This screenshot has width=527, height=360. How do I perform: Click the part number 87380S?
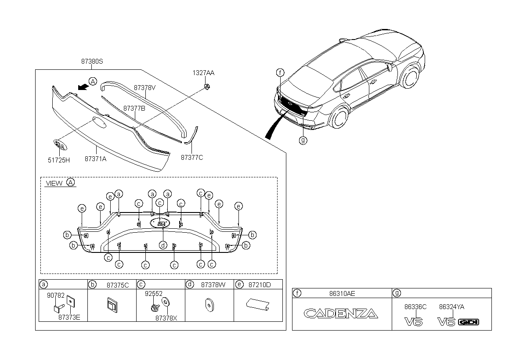click(92, 62)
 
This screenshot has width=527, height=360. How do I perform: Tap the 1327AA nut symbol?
click(206, 86)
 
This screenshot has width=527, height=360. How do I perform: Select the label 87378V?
click(145, 88)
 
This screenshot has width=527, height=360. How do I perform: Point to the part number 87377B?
click(134, 108)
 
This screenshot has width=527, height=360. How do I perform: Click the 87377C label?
click(192, 157)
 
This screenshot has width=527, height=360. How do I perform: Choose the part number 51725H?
click(59, 160)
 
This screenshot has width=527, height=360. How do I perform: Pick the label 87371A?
click(95, 159)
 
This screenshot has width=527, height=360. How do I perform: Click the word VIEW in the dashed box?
click(54, 183)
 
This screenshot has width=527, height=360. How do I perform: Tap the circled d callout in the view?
click(162, 245)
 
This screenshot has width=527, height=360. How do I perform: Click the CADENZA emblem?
click(341, 313)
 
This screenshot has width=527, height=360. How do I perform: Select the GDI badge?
click(469, 322)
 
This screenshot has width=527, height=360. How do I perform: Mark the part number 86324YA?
click(452, 307)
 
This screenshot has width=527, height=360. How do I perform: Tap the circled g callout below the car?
click(303, 140)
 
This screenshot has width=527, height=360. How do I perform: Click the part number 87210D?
click(260, 285)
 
